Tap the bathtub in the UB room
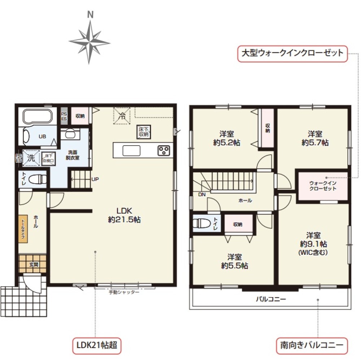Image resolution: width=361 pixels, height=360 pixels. [x=39, y=116]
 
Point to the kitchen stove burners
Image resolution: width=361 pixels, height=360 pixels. [x=164, y=150]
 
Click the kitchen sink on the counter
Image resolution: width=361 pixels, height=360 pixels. [x=133, y=150]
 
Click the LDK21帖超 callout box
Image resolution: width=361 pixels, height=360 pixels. [x=96, y=345]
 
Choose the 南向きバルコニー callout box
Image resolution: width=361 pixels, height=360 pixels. [x=312, y=345]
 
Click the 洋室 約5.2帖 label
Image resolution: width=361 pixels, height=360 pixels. [x=227, y=138]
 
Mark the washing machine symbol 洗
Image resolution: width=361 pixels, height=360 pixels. [x=31, y=158]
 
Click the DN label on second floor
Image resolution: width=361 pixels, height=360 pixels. [x=201, y=194]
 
